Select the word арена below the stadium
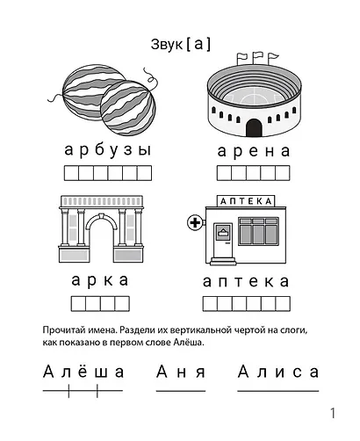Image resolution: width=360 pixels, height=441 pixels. point(253,150)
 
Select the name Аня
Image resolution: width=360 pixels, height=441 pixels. point(180,372)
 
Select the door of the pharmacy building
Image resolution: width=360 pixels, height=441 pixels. point(223,241)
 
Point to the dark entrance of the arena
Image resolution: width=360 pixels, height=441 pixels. point(254,128)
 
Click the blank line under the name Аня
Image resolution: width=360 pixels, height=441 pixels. point(180,390)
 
